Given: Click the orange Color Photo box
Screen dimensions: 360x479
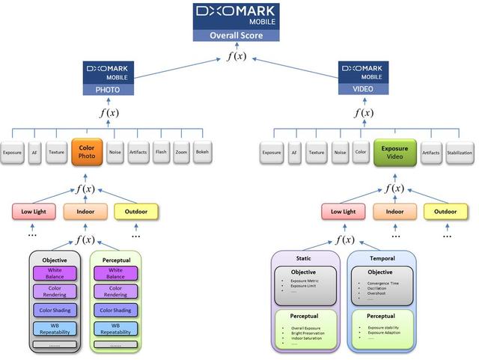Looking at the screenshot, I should click(x=86, y=153).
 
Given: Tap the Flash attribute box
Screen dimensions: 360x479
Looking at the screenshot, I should click(x=161, y=153).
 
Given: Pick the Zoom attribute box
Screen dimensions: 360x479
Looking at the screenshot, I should click(x=182, y=153).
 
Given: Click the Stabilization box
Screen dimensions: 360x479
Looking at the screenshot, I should click(x=460, y=153).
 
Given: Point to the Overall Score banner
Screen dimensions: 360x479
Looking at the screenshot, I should click(x=237, y=35).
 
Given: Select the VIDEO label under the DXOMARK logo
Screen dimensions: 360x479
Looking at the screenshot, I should click(x=363, y=89).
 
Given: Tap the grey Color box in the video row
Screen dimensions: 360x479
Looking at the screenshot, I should click(x=361, y=153).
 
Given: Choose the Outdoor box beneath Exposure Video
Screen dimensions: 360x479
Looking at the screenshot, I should click(x=446, y=212).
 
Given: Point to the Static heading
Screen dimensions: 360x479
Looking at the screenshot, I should click(x=304, y=257).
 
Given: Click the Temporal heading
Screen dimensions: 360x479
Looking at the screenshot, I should click(x=382, y=257).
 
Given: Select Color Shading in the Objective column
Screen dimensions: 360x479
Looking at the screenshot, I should click(x=54, y=310).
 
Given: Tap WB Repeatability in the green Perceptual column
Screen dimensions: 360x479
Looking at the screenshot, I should click(x=115, y=328).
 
